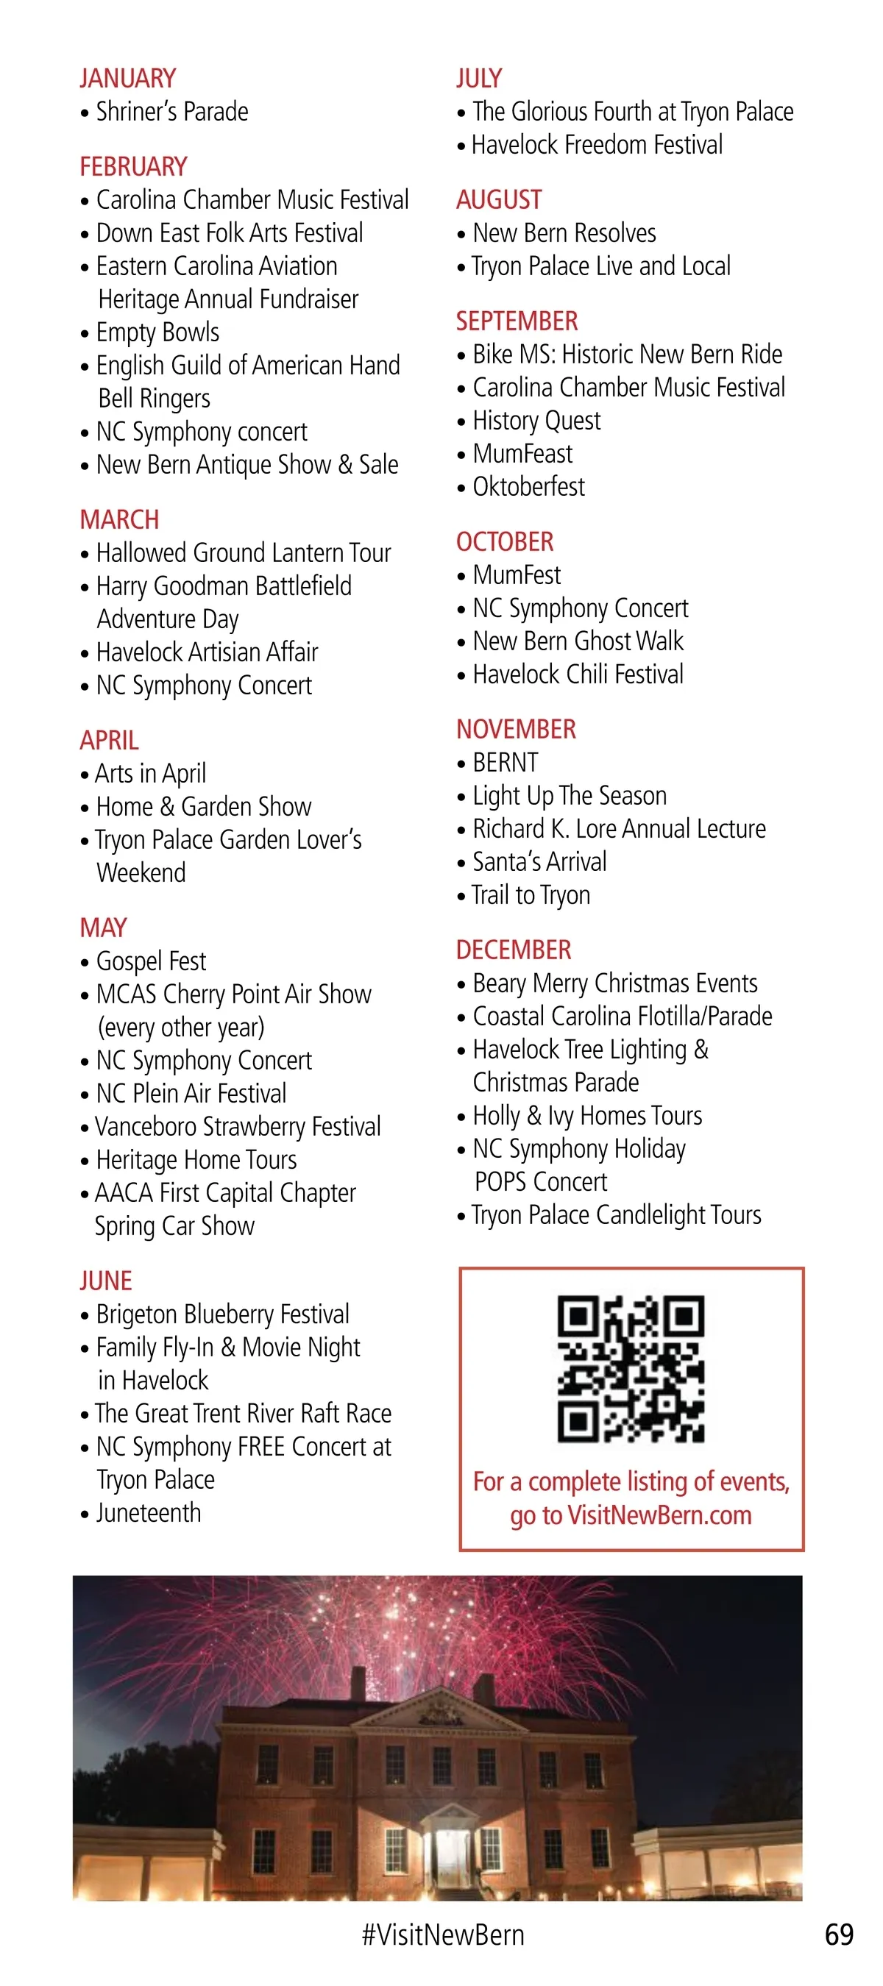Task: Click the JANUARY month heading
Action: click(x=128, y=79)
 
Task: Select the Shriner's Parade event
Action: click(x=171, y=112)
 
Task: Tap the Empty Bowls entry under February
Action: click(x=157, y=332)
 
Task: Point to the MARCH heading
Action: click(x=119, y=519)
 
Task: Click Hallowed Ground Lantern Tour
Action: click(x=243, y=553)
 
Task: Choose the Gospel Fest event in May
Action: click(x=150, y=961)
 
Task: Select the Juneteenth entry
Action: click(x=148, y=1512)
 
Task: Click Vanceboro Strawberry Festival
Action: click(x=238, y=1126)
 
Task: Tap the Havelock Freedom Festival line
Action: click(x=597, y=145)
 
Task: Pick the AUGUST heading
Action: click(x=499, y=199)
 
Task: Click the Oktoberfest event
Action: click(x=528, y=486)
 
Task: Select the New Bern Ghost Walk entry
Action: click(x=578, y=641)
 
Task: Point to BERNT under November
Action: click(x=505, y=763)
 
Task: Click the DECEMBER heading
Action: click(x=514, y=950)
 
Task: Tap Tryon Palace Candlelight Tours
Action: click(x=616, y=1215)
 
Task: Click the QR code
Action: click(x=631, y=1368)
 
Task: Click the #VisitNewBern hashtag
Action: click(x=443, y=1935)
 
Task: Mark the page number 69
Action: click(x=839, y=1935)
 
